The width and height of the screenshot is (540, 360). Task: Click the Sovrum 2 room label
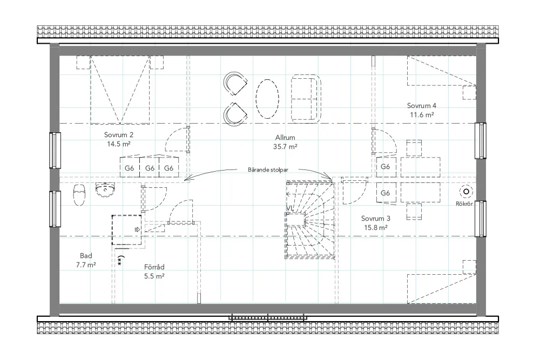click(x=118, y=135)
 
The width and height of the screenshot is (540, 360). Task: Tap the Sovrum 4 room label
click(x=422, y=106)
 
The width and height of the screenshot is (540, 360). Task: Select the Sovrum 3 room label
click(x=376, y=219)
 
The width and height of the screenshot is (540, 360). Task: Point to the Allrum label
click(x=285, y=138)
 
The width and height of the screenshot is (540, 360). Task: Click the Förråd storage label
click(x=154, y=267)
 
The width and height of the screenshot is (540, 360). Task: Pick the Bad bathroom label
click(x=86, y=256)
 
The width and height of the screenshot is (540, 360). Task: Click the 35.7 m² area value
click(x=285, y=147)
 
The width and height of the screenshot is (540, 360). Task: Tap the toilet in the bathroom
click(x=79, y=195)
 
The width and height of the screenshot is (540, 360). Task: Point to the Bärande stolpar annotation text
click(x=268, y=169)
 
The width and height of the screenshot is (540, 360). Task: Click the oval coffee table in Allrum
click(x=267, y=99)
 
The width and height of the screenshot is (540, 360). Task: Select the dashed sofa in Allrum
click(x=306, y=98)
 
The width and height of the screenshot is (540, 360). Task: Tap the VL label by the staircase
click(x=290, y=208)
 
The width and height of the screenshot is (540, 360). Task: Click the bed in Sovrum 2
click(x=120, y=90)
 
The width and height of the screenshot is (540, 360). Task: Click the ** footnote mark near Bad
click(x=120, y=261)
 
